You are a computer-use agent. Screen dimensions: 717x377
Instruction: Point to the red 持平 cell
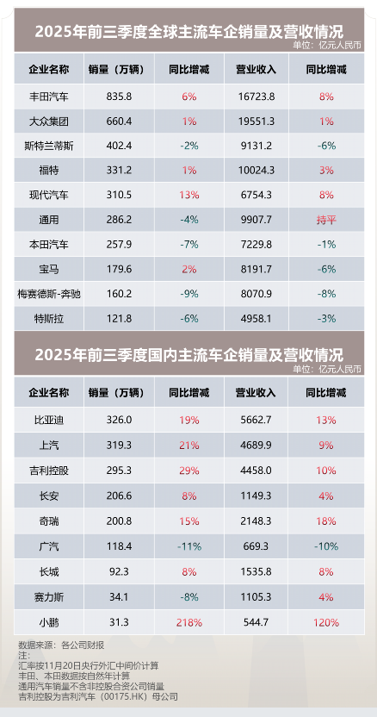[x=325, y=220]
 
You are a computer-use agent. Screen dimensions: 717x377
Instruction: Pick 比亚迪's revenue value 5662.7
[x=254, y=421]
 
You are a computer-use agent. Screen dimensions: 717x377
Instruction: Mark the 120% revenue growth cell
[x=325, y=622]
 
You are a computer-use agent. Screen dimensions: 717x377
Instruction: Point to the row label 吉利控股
[x=49, y=471]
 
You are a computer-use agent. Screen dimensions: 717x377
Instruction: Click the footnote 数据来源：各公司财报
[x=61, y=644]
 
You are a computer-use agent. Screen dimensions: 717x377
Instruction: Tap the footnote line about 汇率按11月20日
[x=89, y=664]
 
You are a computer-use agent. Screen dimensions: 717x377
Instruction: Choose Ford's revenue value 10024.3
[x=254, y=171]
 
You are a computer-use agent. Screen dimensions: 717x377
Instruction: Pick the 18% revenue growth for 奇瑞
[x=325, y=521]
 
